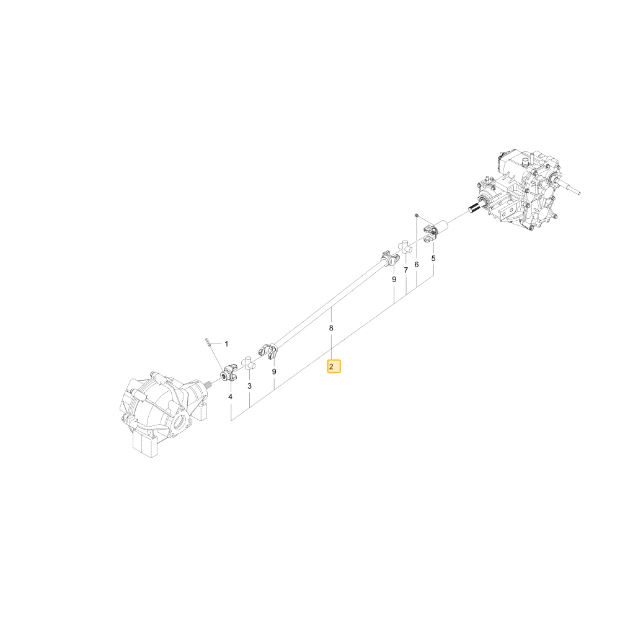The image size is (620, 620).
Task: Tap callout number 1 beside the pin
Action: (x=226, y=344)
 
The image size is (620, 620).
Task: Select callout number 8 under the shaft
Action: (x=331, y=328)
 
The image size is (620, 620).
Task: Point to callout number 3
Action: (x=249, y=386)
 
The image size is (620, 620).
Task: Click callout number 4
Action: (x=230, y=397)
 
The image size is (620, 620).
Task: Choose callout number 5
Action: (x=433, y=259)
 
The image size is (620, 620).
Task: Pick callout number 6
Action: (x=417, y=265)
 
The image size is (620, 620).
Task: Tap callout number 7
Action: (x=405, y=270)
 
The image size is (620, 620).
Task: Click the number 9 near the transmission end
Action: (x=394, y=279)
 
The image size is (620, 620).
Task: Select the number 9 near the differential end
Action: (x=274, y=371)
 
